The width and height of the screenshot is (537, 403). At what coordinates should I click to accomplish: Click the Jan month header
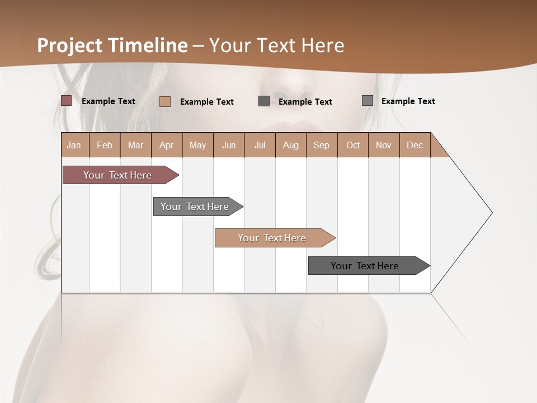(74, 145)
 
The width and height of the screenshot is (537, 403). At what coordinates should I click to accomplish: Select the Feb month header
(105, 145)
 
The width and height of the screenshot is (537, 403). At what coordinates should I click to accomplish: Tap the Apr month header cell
(167, 145)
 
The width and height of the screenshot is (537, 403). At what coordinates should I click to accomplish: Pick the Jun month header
(229, 145)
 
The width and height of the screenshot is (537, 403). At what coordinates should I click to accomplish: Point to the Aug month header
(291, 145)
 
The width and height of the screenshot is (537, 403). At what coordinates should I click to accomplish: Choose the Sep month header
(322, 145)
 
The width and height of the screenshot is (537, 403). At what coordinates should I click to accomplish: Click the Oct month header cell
(353, 145)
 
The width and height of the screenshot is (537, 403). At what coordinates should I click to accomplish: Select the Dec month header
(415, 145)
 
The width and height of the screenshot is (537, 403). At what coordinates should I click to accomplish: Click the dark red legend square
(67, 101)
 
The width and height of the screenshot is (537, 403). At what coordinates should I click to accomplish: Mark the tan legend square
(165, 101)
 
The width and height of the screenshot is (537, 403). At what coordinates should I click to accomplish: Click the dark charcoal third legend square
(264, 101)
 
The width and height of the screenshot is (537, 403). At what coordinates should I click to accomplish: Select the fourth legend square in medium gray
(368, 101)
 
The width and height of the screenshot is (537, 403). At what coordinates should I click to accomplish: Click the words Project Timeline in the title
(112, 45)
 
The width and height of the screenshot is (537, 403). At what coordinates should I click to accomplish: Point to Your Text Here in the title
(277, 45)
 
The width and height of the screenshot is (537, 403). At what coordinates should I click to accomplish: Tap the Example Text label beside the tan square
(207, 102)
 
